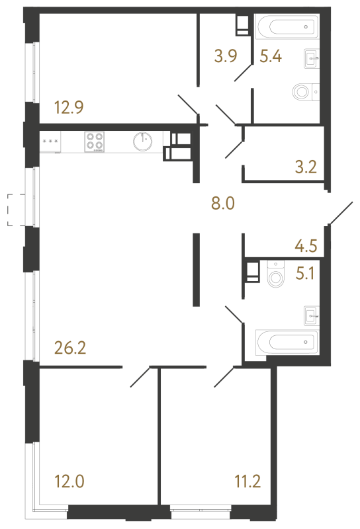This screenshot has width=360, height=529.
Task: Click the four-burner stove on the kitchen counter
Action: coord(94,142)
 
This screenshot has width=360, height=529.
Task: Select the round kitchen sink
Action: coord(142,142)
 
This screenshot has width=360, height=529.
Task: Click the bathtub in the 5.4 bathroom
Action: coord(287,28)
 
